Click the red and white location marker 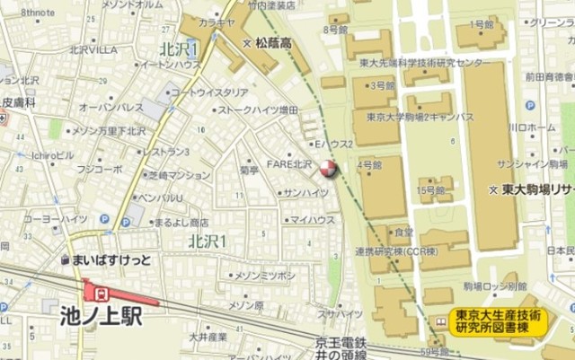328,168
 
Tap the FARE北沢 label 288,164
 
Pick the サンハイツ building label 306,193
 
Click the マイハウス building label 312,220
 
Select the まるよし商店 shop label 181,222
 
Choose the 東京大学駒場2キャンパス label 420,117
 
